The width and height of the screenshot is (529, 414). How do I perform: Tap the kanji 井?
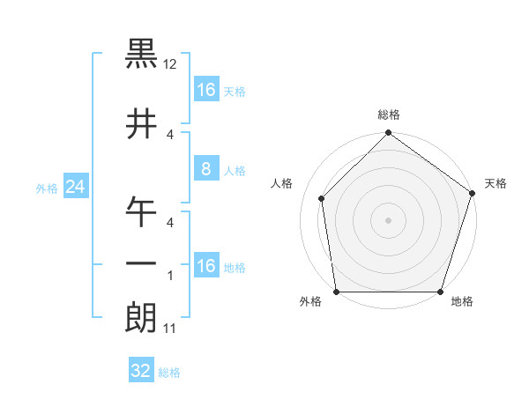(x=141, y=122)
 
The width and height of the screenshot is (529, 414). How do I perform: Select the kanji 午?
(x=141, y=211)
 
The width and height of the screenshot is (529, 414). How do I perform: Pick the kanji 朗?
(x=141, y=317)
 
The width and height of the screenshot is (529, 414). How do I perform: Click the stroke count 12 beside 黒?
(x=171, y=65)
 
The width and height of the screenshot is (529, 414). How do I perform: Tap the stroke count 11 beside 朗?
(x=171, y=329)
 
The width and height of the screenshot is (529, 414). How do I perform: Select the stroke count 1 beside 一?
(x=169, y=275)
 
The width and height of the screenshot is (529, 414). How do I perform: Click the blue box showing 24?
(x=75, y=187)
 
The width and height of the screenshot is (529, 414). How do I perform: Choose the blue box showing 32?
(x=141, y=371)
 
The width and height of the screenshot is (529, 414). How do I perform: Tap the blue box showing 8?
(x=205, y=169)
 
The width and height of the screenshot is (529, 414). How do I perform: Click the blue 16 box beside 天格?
(x=205, y=90)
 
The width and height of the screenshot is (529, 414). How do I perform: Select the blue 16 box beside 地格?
(x=205, y=266)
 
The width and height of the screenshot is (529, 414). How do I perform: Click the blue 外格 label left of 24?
(x=47, y=188)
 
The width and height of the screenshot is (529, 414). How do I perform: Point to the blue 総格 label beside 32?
(x=169, y=372)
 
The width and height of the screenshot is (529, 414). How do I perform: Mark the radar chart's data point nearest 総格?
(x=388, y=134)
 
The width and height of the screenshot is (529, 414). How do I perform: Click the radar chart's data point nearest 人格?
(x=322, y=198)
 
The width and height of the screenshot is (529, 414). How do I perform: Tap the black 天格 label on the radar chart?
(x=495, y=183)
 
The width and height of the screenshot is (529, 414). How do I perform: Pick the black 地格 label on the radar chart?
(x=462, y=302)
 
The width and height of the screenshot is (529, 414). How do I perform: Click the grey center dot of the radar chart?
(x=388, y=219)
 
